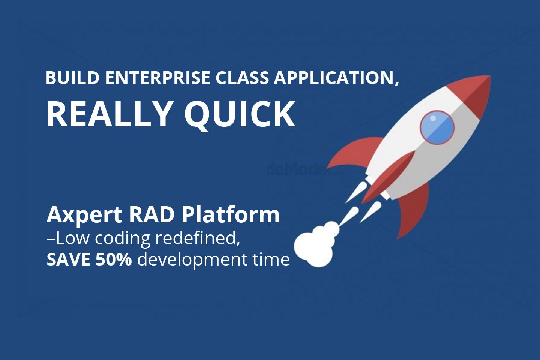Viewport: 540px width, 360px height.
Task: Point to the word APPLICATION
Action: [x=336, y=78]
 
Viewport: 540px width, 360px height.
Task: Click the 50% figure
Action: [x=113, y=259]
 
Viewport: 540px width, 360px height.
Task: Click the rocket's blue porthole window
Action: [x=437, y=127]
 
